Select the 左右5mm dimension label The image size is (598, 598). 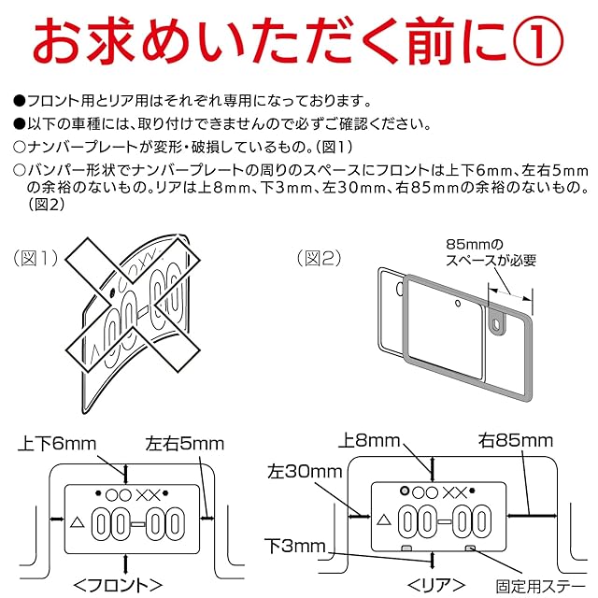185,445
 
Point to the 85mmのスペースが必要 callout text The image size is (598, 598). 491,252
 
